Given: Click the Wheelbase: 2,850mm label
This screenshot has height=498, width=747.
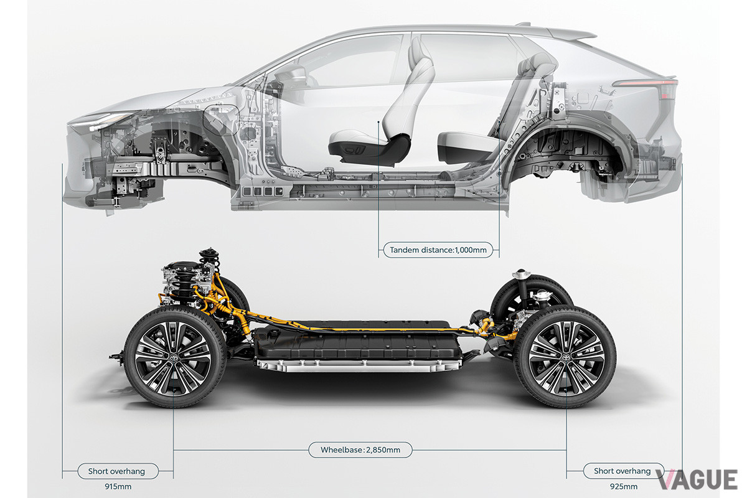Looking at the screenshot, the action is click(360, 449).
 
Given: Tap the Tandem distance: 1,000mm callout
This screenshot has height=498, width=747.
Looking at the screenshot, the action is click(438, 250).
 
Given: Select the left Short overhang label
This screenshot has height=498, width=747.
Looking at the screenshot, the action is click(118, 471).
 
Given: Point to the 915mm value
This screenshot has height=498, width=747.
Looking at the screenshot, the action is click(118, 487).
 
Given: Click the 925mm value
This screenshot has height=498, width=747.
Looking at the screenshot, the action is click(624, 487).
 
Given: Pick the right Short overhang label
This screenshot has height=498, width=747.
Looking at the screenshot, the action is click(622, 471).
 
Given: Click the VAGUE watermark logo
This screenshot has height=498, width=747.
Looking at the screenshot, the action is click(697, 480).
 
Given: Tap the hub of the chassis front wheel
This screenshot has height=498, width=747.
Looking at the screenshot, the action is click(173, 358).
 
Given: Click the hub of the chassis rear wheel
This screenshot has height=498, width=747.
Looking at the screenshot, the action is click(566, 357).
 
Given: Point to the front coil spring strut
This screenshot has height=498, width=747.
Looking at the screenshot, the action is click(209, 263).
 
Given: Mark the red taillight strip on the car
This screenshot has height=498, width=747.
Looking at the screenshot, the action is click(646, 83).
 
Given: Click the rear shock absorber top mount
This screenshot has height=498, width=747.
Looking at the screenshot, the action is click(521, 275).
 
